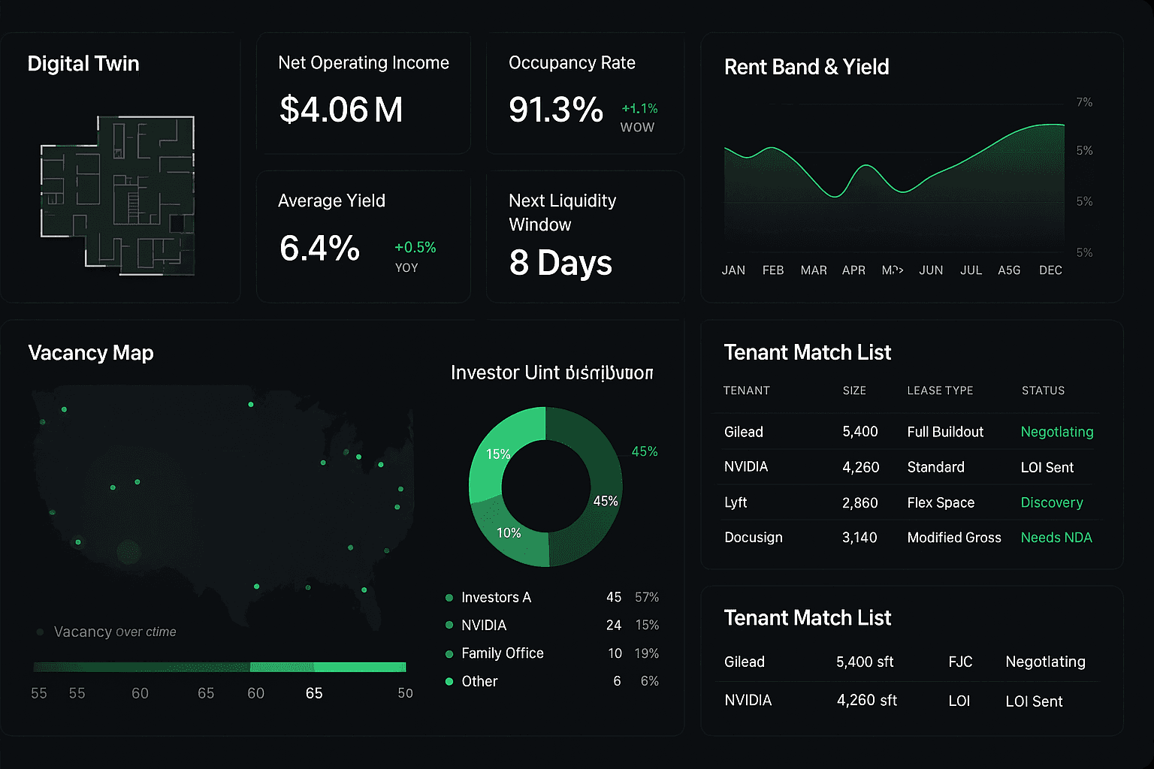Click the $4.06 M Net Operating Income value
(341, 110)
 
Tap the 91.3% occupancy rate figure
(555, 110)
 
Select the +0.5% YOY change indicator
(415, 248)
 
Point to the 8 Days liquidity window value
(560, 263)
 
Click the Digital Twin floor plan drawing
(119, 195)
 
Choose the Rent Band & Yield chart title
(806, 67)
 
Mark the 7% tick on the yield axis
(1084, 102)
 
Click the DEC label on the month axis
(1050, 270)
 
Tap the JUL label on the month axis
(971, 270)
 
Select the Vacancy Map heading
(90, 353)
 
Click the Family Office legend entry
(502, 653)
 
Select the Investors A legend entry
(496, 598)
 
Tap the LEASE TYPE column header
(940, 391)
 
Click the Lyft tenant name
(736, 502)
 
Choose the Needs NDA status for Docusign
(1056, 538)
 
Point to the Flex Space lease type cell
(941, 502)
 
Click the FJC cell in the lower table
(960, 662)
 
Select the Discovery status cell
(1052, 502)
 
